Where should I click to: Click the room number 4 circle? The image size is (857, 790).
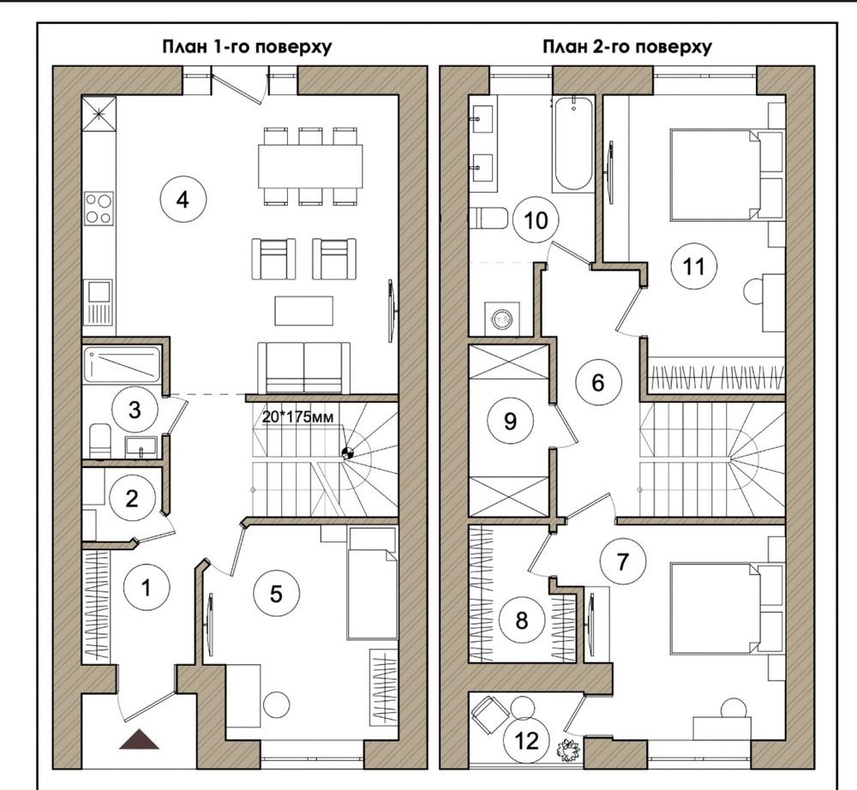183,200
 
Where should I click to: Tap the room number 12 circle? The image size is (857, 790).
526,740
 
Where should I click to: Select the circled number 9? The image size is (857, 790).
510,421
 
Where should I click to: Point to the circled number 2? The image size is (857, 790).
132,499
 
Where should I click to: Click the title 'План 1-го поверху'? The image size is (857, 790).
247,46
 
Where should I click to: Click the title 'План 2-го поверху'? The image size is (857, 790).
627,46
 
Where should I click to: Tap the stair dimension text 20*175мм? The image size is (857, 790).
297,417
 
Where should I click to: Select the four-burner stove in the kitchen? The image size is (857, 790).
99,209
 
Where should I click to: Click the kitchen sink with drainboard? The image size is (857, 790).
99,302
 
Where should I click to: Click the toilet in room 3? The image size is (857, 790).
100,440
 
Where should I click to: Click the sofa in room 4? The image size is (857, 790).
303,368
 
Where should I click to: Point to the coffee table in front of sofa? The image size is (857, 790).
304,310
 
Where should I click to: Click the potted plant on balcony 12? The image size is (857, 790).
568,750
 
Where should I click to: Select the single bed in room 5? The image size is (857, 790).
372,583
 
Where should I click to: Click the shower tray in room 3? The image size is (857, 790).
123,364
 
